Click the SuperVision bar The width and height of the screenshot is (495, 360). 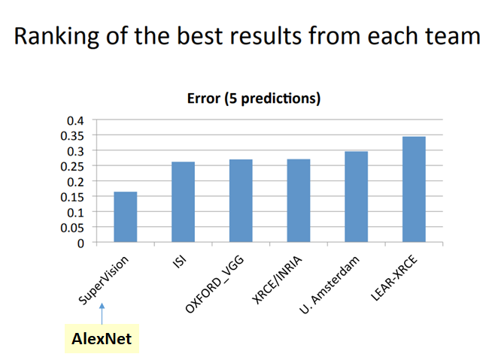point(125,217)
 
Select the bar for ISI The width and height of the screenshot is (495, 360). point(183,202)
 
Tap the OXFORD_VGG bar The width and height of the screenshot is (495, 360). point(241,201)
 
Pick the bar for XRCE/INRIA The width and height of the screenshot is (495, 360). point(299,201)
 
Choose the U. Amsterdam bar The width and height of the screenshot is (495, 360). point(356,197)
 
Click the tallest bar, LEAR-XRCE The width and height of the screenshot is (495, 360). point(414,189)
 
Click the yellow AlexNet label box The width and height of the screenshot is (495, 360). point(102,339)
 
